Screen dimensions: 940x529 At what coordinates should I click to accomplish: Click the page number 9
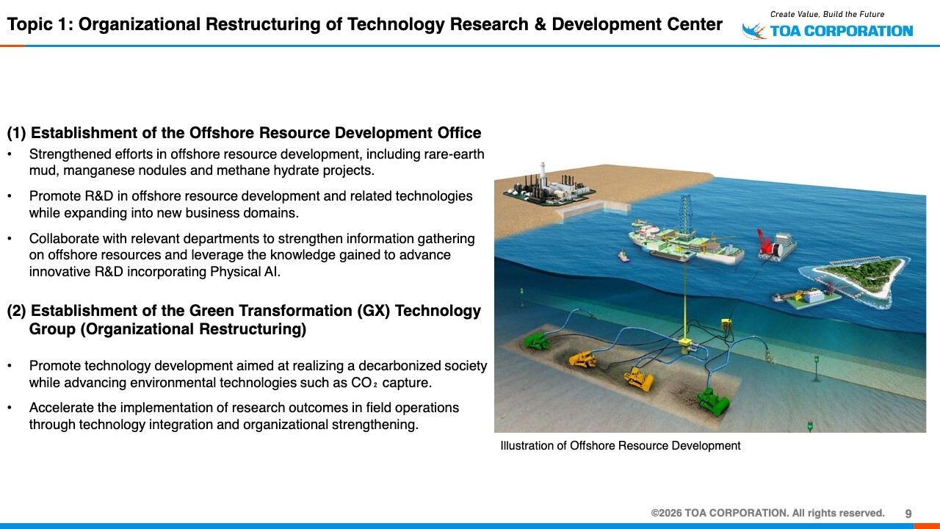coord(908,514)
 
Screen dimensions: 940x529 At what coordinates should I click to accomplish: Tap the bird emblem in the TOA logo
coord(753,31)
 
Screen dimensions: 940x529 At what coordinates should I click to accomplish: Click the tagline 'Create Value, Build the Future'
coord(827,14)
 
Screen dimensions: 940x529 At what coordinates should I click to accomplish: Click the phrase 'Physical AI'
coord(245,272)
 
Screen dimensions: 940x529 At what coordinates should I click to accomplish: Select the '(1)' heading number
coord(17,133)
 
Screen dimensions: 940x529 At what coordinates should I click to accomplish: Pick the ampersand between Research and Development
coord(540,24)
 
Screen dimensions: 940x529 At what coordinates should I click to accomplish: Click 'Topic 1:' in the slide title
coord(40,24)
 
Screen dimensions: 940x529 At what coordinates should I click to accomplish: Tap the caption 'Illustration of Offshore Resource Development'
coord(621,445)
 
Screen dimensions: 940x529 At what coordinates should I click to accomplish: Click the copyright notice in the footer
coord(767,513)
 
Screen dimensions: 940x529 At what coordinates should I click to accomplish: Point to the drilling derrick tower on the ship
coord(685,216)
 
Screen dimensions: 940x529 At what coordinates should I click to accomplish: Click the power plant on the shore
coord(549,187)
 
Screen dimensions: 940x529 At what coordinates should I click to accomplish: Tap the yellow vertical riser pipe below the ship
coord(685,299)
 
